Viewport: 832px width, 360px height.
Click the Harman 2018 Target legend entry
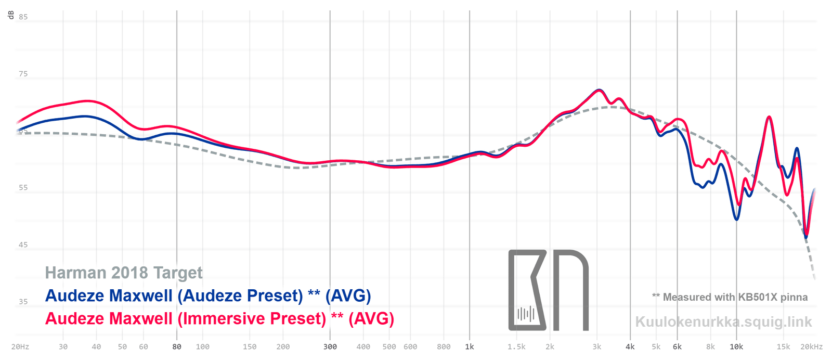[124, 273]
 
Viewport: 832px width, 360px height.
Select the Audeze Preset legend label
[208, 295]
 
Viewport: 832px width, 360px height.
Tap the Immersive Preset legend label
[219, 318]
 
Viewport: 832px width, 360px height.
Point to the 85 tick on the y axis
[23, 17]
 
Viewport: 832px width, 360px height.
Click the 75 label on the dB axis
[23, 74]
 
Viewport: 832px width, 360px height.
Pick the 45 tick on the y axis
[23, 245]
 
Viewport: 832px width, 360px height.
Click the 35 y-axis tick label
[23, 302]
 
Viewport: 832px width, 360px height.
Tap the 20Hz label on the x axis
[20, 347]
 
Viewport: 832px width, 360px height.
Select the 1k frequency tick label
[470, 347]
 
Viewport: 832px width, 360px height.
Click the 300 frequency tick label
[330, 347]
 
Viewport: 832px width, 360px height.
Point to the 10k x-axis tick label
[736, 347]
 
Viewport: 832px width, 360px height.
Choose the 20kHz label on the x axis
[812, 347]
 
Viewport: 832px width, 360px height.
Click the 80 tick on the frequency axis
[177, 347]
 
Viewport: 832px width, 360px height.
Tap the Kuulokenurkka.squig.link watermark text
[723, 322]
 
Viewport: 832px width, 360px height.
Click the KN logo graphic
[548, 290]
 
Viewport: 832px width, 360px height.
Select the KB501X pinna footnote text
[730, 297]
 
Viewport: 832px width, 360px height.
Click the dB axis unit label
[11, 15]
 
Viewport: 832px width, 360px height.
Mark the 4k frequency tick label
[630, 347]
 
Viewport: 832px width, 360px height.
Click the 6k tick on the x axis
[677, 347]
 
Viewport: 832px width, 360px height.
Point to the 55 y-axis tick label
[23, 188]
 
